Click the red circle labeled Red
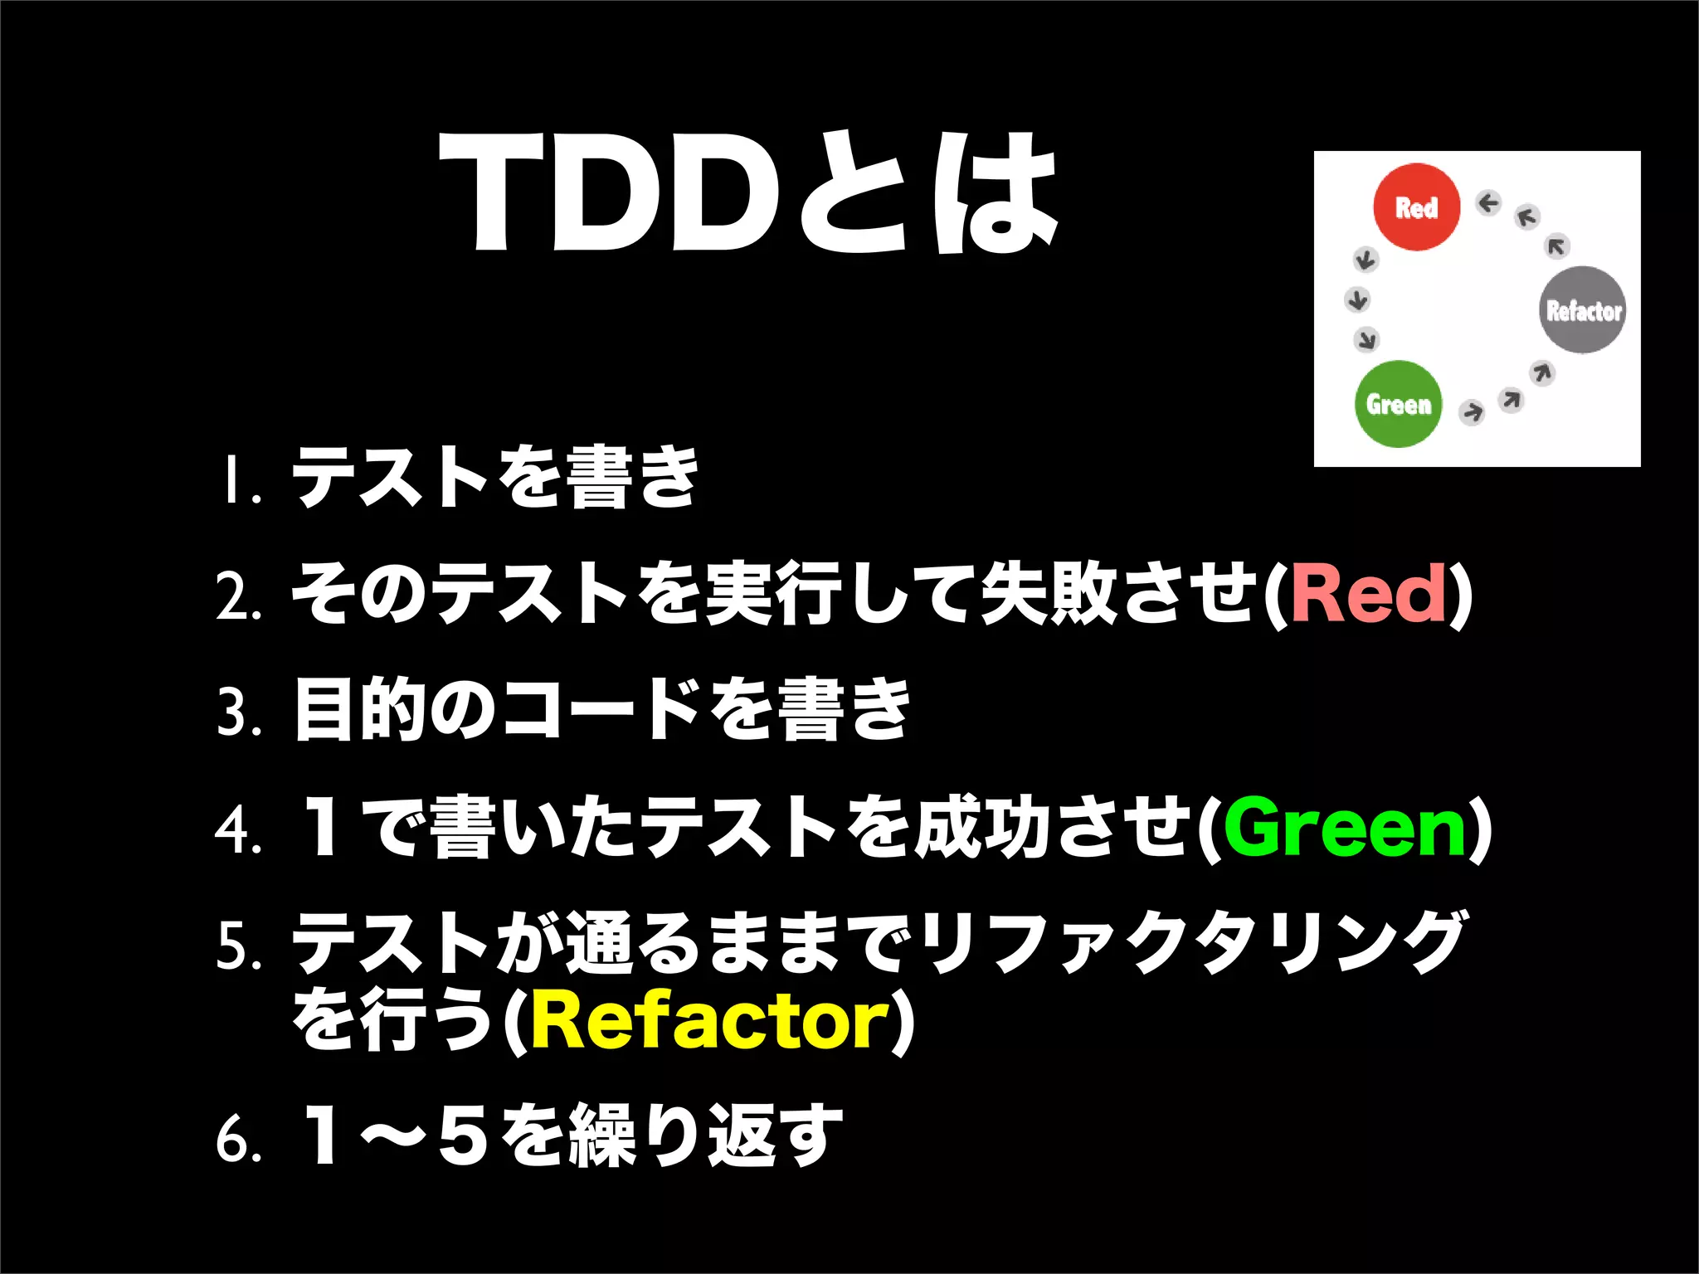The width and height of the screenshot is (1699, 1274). tap(1416, 207)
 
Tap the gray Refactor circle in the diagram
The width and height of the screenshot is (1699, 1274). tap(1583, 310)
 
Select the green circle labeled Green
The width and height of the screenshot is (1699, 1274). tap(1399, 404)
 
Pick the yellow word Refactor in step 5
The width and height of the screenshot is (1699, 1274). tap(710, 1020)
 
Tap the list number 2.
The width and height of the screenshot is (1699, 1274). tap(238, 597)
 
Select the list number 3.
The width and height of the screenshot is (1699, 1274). tap(238, 713)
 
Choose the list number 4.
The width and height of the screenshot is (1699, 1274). tap(238, 829)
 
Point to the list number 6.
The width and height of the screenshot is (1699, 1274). tap(238, 1140)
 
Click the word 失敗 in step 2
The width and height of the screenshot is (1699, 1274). tap(1049, 592)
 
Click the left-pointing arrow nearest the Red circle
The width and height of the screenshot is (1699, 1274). tap(1488, 203)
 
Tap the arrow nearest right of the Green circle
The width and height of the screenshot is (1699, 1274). tap(1472, 411)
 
